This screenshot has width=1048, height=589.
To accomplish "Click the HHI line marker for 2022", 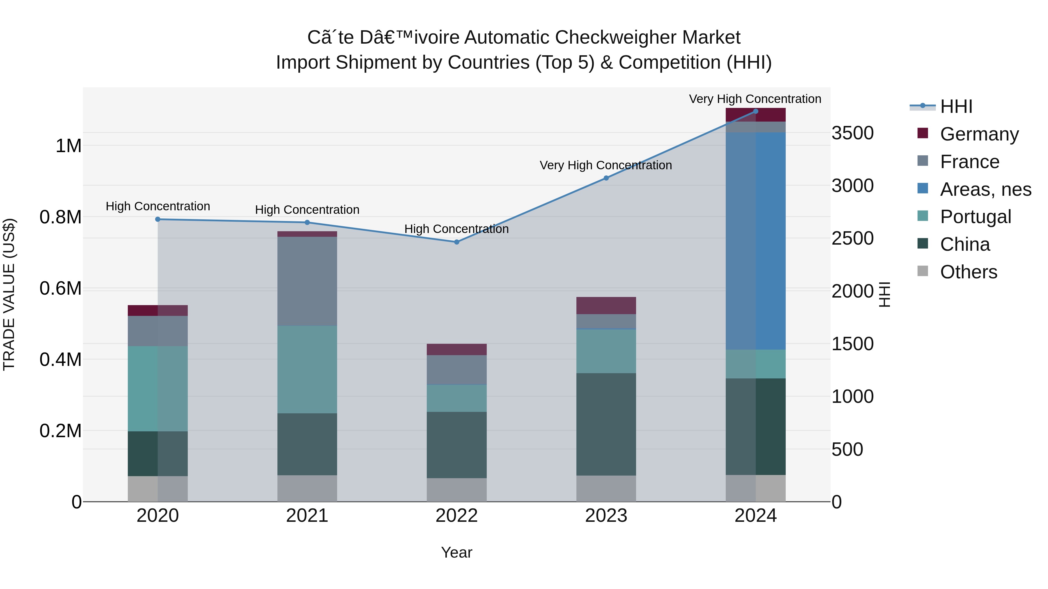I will tap(456, 242).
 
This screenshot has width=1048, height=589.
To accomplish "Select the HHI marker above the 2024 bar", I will tap(755, 111).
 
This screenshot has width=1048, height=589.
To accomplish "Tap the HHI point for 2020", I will tap(158, 219).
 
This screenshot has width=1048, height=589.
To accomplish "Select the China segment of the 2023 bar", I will tap(606, 424).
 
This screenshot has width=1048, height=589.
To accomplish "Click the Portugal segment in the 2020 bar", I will tap(158, 388).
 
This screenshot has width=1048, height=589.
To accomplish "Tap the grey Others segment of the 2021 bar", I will tap(307, 488).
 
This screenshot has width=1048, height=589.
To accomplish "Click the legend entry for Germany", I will tap(979, 134).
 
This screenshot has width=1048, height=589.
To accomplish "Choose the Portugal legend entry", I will tap(975, 217).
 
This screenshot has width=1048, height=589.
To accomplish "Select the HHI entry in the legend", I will tap(956, 106).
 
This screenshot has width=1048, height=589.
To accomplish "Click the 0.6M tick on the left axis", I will tap(60, 289).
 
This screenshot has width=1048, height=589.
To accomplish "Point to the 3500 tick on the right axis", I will tap(852, 133).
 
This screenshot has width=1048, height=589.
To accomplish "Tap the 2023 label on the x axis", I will tap(606, 516).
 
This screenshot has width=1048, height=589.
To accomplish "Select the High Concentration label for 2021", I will tap(307, 210).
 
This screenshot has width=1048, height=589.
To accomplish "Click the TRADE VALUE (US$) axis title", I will tap(9, 294).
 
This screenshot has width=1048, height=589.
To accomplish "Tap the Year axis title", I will tap(456, 552).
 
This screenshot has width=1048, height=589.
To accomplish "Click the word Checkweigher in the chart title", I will tap(616, 38).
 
